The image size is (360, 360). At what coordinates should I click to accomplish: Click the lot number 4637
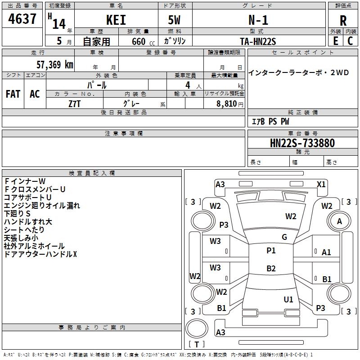22,20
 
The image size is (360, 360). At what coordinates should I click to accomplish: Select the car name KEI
116,20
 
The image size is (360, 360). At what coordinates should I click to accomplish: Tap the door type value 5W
175,20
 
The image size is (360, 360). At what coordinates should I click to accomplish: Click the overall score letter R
343,21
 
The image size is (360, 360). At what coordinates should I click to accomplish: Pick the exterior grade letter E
335,40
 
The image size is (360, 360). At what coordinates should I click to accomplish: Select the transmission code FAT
13,94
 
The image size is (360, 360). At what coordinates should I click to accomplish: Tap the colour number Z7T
75,103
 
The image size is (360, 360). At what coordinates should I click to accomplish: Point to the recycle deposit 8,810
227,103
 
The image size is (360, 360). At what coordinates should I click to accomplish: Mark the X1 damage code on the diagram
321,184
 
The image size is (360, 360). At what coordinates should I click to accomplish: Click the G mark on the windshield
284,237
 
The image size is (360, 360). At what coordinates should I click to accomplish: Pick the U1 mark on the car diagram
288,299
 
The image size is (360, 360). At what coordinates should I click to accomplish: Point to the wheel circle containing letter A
340,221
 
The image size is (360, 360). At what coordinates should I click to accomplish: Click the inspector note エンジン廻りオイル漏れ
42,206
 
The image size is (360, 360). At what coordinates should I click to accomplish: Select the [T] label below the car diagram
197,344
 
